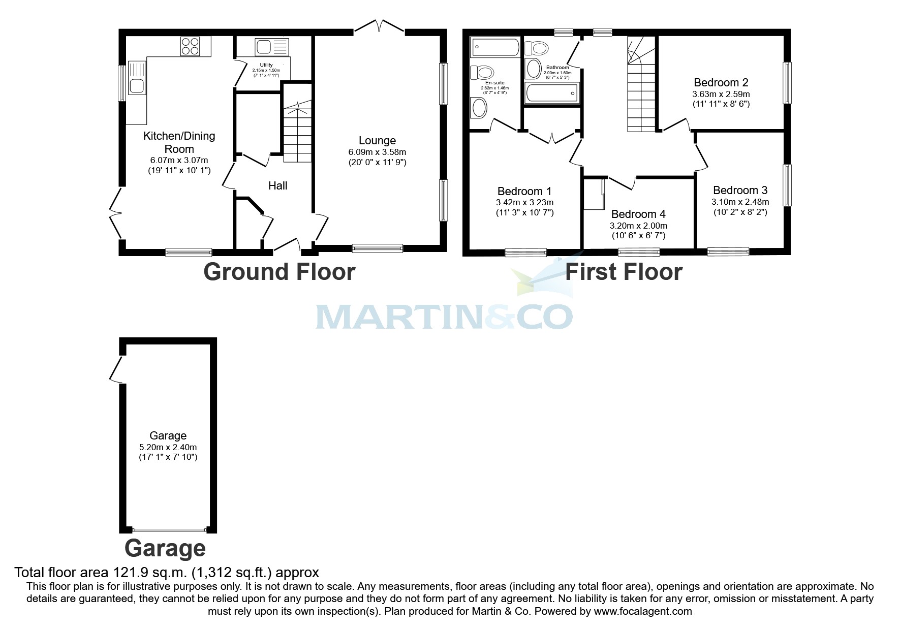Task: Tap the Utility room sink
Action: click(x=271, y=47)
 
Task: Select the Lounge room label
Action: click(x=377, y=140)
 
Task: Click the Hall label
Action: click(x=277, y=186)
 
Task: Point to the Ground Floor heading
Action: click(x=279, y=272)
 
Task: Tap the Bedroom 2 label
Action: click(x=721, y=82)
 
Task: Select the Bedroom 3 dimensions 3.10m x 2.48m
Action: click(x=740, y=202)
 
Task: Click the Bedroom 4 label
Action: click(x=638, y=214)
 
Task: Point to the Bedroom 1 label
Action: click(x=524, y=191)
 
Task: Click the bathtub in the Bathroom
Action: click(x=552, y=93)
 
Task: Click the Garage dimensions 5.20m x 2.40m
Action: click(x=168, y=447)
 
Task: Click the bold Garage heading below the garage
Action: click(x=165, y=549)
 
